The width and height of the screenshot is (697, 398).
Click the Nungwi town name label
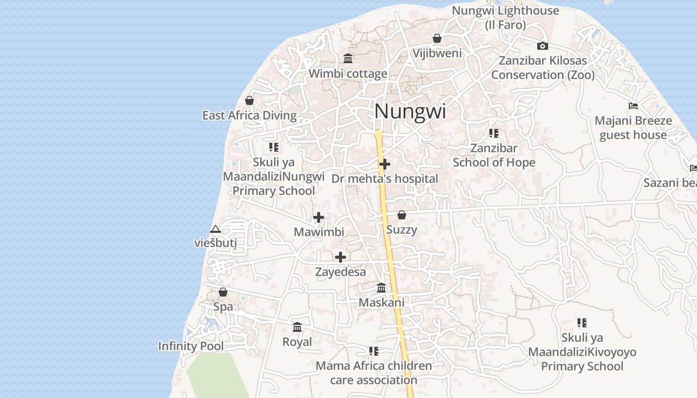pyautogui.click(x=410, y=111)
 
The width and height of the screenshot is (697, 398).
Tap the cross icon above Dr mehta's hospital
pyautogui.click(x=384, y=164)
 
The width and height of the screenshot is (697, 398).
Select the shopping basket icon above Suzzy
pyautogui.click(x=402, y=215)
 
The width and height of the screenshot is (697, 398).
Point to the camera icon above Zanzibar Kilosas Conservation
pyautogui.click(x=543, y=46)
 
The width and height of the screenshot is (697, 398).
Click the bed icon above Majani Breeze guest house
pyautogui.click(x=633, y=105)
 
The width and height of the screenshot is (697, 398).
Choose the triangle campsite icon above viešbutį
pyautogui.click(x=215, y=229)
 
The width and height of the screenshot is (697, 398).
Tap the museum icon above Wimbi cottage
pyautogui.click(x=348, y=59)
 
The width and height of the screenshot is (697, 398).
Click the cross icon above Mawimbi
pyautogui.click(x=319, y=217)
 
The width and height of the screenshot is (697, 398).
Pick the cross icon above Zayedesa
pyautogui.click(x=341, y=257)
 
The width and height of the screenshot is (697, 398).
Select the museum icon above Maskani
pyautogui.click(x=381, y=288)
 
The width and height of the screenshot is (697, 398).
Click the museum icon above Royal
pyautogui.click(x=297, y=327)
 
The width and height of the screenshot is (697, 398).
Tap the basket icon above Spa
pyautogui.click(x=223, y=292)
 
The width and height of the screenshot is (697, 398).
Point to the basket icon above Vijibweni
pyautogui.click(x=437, y=38)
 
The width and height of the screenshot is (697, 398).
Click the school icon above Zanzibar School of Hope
pyautogui.click(x=493, y=133)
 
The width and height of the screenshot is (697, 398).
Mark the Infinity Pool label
pyautogui.click(x=191, y=346)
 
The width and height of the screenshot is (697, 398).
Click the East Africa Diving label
pyautogui.click(x=249, y=115)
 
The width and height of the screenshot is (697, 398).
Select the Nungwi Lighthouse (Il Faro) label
pyautogui.click(x=505, y=17)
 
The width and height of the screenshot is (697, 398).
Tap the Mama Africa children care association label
pyautogui.click(x=374, y=373)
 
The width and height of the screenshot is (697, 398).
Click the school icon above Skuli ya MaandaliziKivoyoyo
pyautogui.click(x=581, y=322)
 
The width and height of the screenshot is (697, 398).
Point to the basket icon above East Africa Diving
pyautogui.click(x=249, y=100)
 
